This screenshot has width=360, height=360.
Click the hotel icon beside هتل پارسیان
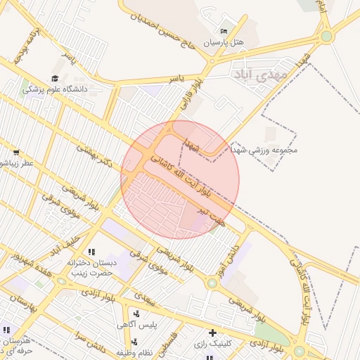tap(224, 32)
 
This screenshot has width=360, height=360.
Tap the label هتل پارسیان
tap(224, 43)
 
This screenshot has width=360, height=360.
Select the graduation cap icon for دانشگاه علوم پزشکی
tap(55, 79)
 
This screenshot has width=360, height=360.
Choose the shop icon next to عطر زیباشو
tap(16, 152)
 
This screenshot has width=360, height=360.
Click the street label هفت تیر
tap(212, 215)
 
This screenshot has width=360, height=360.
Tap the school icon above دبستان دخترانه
tap(91, 252)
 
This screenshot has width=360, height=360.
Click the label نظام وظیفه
tap(135, 352)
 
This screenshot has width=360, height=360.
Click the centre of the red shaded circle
tap(180, 179)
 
